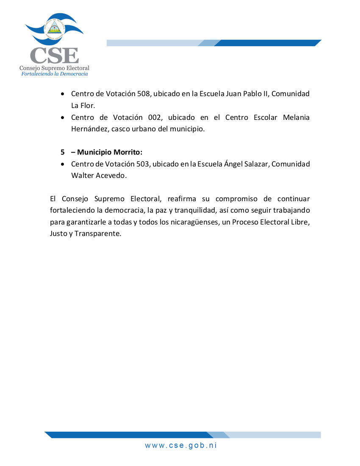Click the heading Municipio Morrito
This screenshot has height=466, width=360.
tap(110, 152)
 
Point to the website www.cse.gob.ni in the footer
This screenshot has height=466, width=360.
tap(181, 445)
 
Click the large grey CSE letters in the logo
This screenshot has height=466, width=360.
tap(54, 55)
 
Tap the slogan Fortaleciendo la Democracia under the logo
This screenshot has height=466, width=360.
tap(55, 74)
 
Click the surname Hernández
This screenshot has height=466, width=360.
tap(89, 129)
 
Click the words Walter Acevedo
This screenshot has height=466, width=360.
tap(99, 175)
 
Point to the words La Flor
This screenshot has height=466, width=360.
tap(83, 105)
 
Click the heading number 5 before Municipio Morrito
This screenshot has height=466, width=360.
tap(62, 152)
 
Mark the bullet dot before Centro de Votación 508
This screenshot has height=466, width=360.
tap(63, 94)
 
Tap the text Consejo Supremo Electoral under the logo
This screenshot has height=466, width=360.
tap(54, 68)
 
